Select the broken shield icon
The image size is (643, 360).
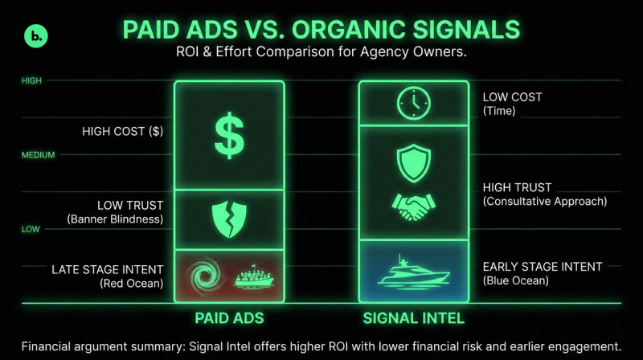coord(229,218)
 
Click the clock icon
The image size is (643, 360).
coord(413,103)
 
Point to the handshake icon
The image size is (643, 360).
coord(412,207)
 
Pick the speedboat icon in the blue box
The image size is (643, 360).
coord(412,272)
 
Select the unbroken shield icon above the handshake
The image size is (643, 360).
coord(412,161)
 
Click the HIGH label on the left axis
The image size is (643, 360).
coord(31,80)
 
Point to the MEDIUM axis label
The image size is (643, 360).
coord(38,154)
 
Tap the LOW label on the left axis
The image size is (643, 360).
coord(31,229)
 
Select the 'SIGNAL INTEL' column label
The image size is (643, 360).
coord(412,318)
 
